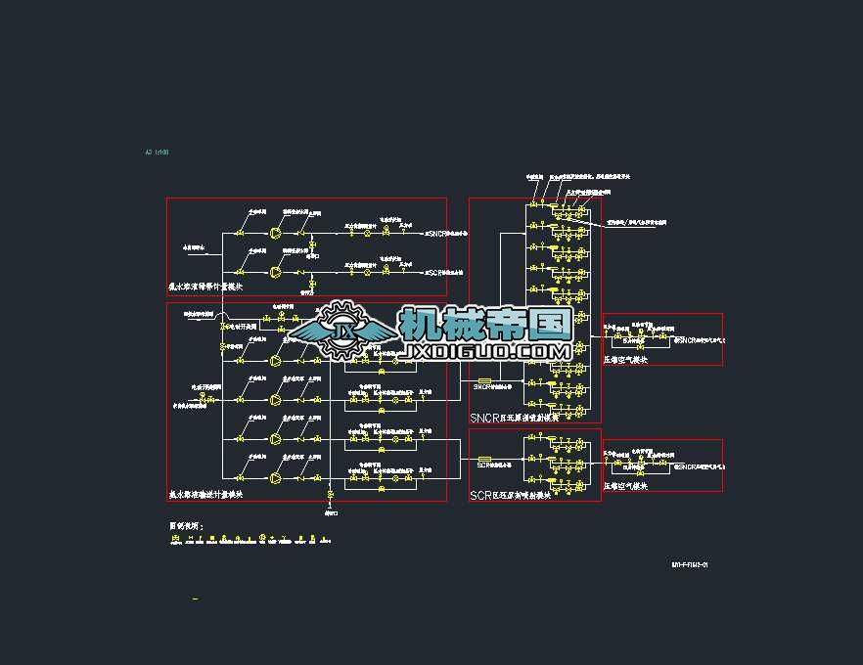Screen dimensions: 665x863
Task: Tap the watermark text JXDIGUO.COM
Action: [x=486, y=350]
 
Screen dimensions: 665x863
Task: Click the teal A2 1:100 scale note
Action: [x=158, y=153]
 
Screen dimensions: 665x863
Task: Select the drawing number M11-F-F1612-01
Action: [x=689, y=564]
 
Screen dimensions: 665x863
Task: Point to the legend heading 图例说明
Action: [x=186, y=526]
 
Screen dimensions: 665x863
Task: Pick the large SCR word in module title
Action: [x=480, y=496]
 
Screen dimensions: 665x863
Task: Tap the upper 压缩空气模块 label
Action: [x=625, y=360]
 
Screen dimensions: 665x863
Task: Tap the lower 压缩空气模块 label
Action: [x=625, y=485]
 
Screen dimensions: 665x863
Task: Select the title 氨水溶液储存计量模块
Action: [x=205, y=288]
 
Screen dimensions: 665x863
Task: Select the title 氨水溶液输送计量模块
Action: [x=205, y=495]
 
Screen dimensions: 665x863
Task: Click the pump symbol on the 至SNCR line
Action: [x=275, y=234]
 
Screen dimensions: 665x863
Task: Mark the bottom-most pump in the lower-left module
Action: [x=275, y=478]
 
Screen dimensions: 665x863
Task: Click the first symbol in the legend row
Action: [x=176, y=538]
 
